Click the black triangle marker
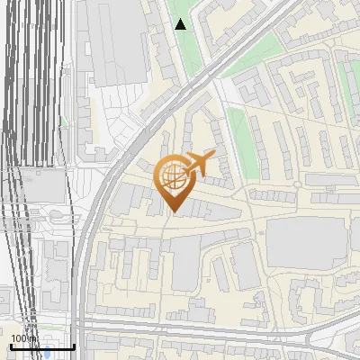coord(181,24)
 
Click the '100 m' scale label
coord(22,338)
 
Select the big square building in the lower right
coord(306,243)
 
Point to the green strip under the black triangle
coord(184,54)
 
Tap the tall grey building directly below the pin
coord(184,261)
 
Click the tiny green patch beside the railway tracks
coord(56,216)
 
